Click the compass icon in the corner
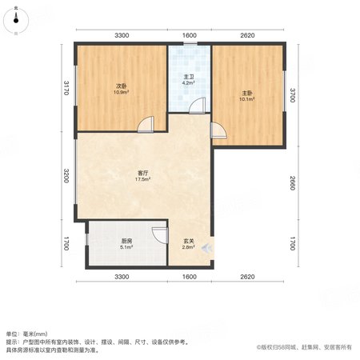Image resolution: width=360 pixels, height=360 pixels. (16, 21)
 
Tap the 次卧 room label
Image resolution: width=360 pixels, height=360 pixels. (122, 86)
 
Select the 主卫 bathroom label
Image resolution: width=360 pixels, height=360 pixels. (189, 77)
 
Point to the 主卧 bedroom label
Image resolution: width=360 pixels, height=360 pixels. (247, 93)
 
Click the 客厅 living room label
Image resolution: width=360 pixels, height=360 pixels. (142, 173)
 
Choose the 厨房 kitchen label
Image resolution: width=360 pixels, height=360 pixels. (126, 241)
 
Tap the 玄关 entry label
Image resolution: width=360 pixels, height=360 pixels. (189, 241)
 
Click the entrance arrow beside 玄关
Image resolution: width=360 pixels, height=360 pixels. (206, 248)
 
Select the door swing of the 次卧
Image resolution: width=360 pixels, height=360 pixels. (146, 124)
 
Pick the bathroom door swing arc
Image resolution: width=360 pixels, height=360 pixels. (198, 106)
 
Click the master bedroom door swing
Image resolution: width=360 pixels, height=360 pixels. (218, 130)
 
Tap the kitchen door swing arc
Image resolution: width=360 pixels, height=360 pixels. (160, 235)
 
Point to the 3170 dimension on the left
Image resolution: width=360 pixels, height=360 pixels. (66, 88)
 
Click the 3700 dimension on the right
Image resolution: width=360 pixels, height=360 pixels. (293, 95)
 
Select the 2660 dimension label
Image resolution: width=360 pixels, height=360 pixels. (293, 183)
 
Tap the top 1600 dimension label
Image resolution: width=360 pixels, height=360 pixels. (190, 35)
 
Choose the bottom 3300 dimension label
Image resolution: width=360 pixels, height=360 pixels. (122, 277)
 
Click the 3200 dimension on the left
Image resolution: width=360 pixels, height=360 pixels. (66, 176)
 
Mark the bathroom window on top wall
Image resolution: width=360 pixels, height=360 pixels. (190, 43)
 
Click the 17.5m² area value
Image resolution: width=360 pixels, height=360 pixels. (142, 179)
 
